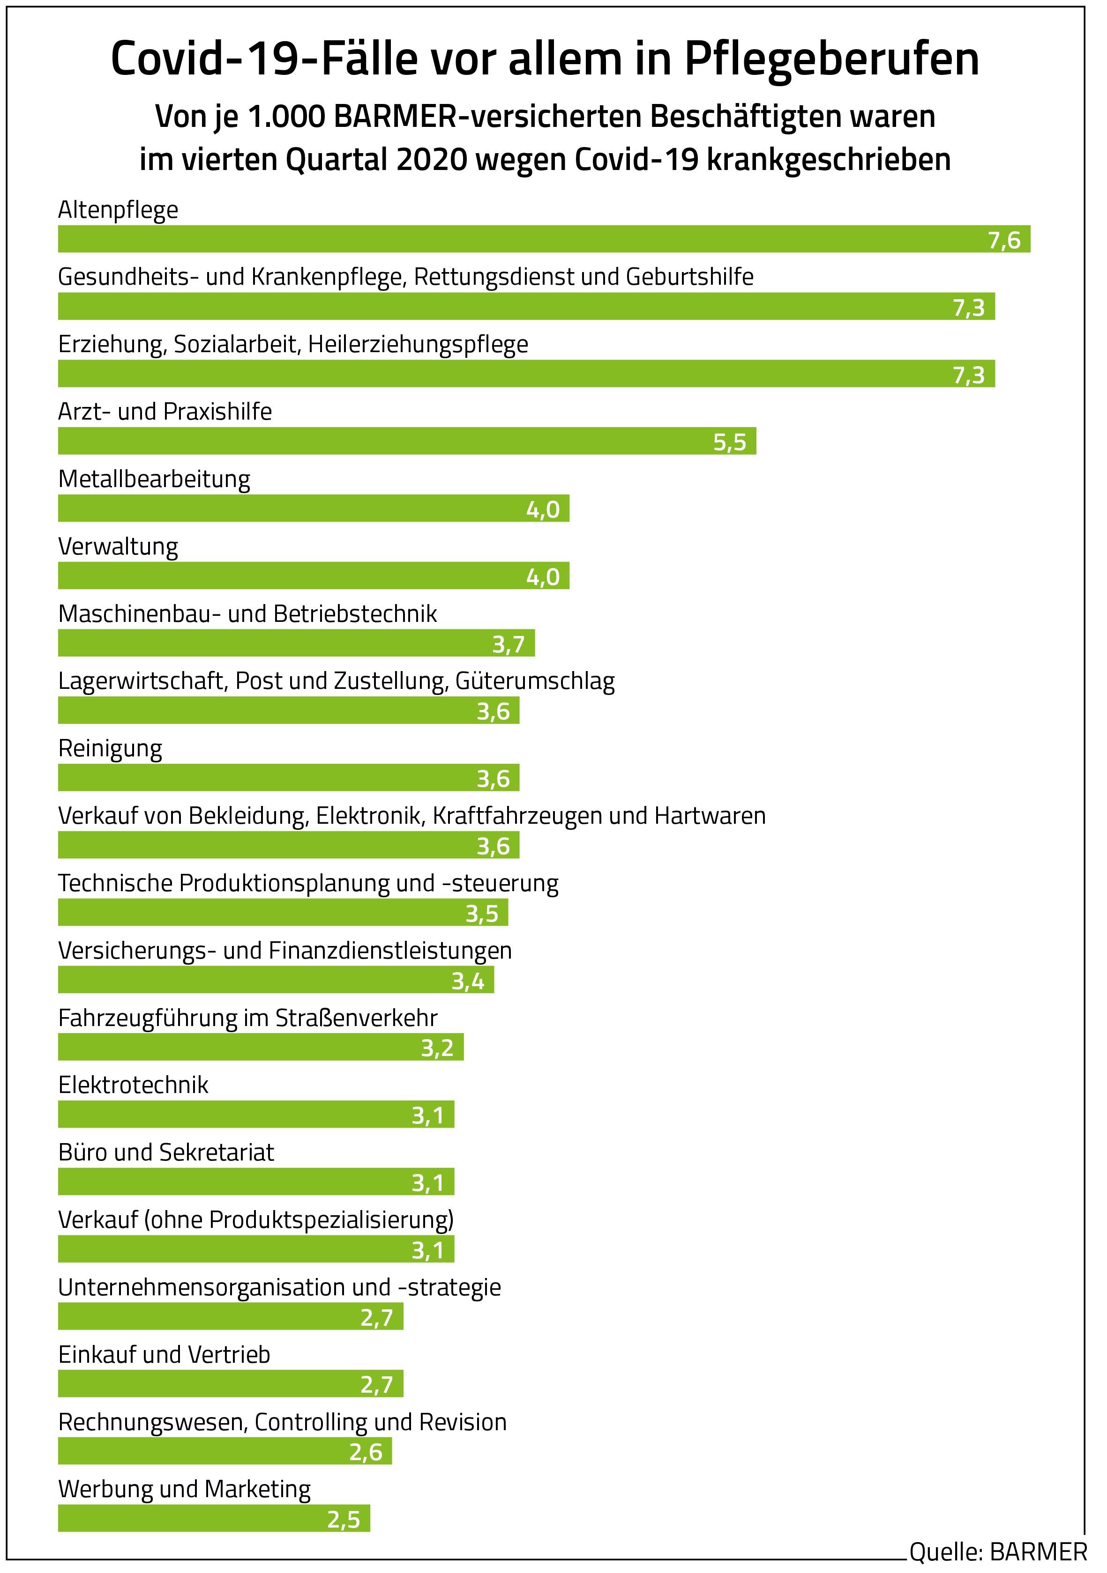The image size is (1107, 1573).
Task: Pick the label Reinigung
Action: pyautogui.click(x=110, y=748)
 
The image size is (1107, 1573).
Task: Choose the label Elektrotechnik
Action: pyautogui.click(x=134, y=1085)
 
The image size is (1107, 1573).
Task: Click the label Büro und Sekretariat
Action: pyautogui.click(x=166, y=1152)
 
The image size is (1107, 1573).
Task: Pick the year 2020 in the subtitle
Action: pyautogui.click(x=432, y=160)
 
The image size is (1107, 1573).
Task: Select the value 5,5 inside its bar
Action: pyautogui.click(x=729, y=443)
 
